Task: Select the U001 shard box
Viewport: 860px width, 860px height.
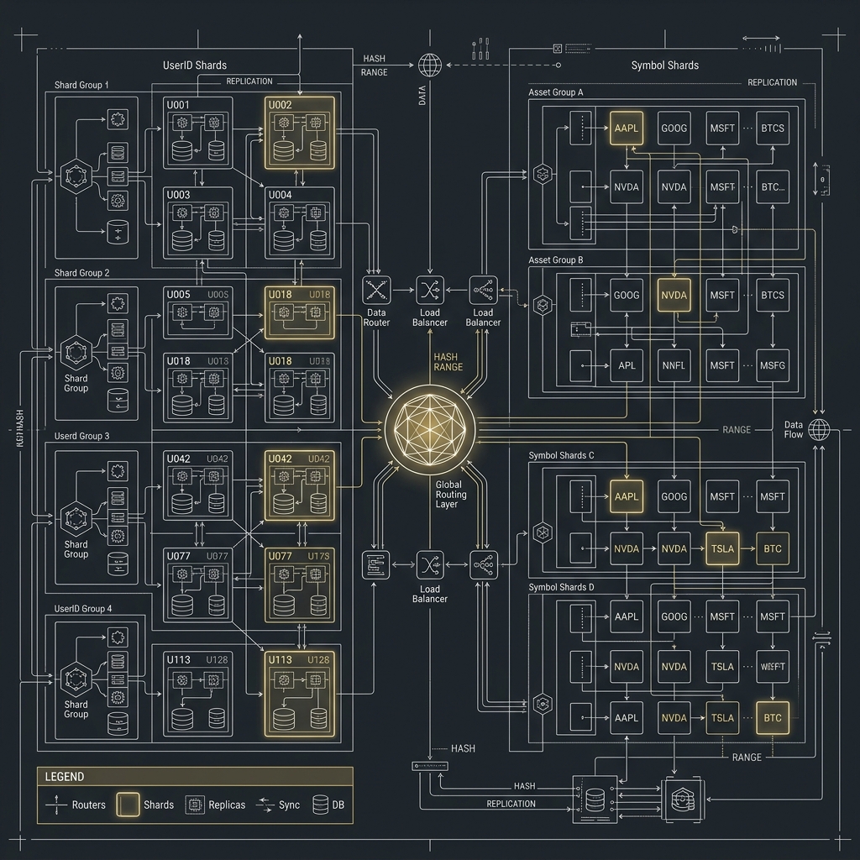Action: click(198, 133)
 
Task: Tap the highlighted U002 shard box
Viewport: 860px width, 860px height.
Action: click(300, 133)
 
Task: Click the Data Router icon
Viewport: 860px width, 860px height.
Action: click(375, 291)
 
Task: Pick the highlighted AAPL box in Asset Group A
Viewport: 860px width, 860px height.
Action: click(627, 128)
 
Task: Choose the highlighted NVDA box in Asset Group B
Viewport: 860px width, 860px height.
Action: click(674, 296)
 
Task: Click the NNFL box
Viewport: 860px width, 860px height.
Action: click(674, 365)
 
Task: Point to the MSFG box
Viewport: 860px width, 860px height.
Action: click(772, 365)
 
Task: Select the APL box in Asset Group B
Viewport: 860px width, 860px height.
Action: click(627, 365)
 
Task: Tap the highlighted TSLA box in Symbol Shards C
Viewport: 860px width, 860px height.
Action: click(722, 548)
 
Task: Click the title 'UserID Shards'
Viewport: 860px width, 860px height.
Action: click(194, 65)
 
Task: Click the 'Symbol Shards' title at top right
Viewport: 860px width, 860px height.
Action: click(664, 65)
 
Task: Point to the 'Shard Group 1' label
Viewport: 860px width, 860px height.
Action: click(81, 85)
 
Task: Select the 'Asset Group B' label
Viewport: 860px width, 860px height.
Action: click(555, 260)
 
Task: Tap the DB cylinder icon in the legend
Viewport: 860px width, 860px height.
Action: click(319, 805)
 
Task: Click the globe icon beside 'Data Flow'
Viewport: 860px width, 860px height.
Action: click(819, 430)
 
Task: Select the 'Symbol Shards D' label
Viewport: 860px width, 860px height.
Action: click(560, 587)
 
